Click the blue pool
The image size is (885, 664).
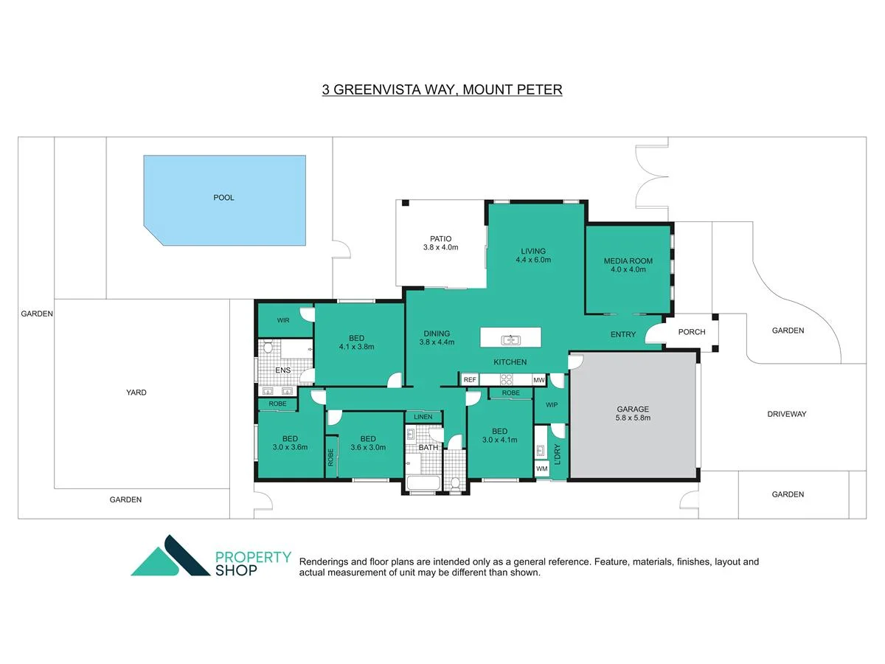tap(225, 201)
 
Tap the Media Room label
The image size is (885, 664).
tap(628, 261)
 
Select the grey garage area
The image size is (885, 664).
tap(633, 415)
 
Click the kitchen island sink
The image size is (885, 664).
tap(510, 340)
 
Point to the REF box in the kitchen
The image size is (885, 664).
tap(470, 379)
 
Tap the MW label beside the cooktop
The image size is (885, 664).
tap(538, 380)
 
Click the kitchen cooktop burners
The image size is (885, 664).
tap(507, 379)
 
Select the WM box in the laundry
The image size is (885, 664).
tap(542, 468)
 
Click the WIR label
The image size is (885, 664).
tap(283, 320)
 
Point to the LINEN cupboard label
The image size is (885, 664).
tap(423, 417)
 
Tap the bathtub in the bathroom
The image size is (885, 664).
tap(423, 483)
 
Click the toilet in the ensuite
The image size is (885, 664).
tap(268, 346)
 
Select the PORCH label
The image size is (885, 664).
tap(692, 332)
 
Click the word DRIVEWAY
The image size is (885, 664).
tap(787, 414)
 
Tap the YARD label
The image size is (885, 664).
tap(136, 392)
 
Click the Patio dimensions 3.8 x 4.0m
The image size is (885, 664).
tap(441, 248)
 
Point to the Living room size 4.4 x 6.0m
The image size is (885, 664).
tap(533, 260)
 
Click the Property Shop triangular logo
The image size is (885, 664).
tap(170, 556)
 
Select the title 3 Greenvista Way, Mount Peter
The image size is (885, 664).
tap(442, 89)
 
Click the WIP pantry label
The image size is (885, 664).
tap(552, 405)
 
